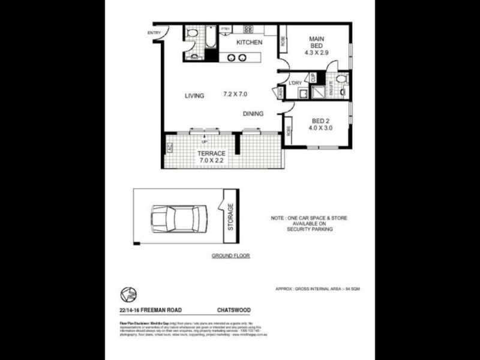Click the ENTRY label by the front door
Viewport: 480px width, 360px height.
pyautogui.click(x=154, y=32)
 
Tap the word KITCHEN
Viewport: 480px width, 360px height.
pyautogui.click(x=249, y=43)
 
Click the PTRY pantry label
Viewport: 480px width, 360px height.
pyautogui.click(x=226, y=29)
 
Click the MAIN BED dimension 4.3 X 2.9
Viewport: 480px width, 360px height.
pyautogui.click(x=316, y=53)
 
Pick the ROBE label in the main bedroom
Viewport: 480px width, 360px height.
pyautogui.click(x=283, y=41)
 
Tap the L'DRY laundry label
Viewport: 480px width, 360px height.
pyautogui.click(x=295, y=83)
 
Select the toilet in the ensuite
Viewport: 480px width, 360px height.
pyautogui.click(x=340, y=79)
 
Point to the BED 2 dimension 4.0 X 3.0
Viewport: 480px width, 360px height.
pyautogui.click(x=320, y=128)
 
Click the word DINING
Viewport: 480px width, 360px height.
pyautogui.click(x=253, y=113)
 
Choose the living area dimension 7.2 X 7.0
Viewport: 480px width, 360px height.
pyautogui.click(x=235, y=94)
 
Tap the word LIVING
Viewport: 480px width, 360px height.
pyautogui.click(x=194, y=96)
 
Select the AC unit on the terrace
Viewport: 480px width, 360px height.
pyautogui.click(x=170, y=146)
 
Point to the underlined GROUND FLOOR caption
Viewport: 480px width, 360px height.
pyautogui.click(x=230, y=256)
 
